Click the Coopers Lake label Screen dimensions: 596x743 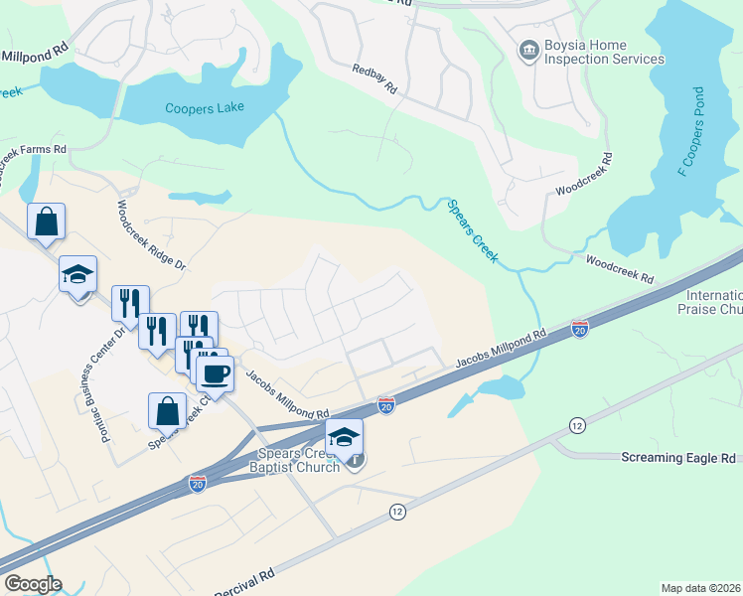click(x=205, y=108)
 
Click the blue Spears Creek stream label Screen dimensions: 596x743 click(x=472, y=230)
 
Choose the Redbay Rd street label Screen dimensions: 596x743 click(x=374, y=79)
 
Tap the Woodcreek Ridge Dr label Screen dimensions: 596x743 click(x=152, y=236)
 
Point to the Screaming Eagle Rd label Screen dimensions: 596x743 click(x=678, y=458)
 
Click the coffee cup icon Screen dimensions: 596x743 click(x=214, y=373)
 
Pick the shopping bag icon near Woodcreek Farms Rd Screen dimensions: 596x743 click(x=47, y=222)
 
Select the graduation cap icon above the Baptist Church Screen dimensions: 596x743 click(x=344, y=436)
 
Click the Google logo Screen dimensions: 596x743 click(x=33, y=584)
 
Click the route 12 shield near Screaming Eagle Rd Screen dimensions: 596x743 click(x=576, y=426)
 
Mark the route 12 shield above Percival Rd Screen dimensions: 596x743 click(x=398, y=512)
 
